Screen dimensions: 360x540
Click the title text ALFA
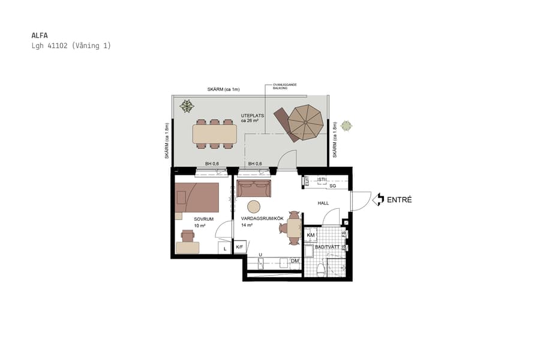pyautogui.click(x=39, y=35)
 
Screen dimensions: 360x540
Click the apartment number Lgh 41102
pyautogui.click(x=51, y=46)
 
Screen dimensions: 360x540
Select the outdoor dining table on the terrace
pyautogui.click(x=214, y=134)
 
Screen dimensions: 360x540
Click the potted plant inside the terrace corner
pyautogui.click(x=187, y=107)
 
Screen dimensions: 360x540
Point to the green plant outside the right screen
pyautogui.click(x=346, y=126)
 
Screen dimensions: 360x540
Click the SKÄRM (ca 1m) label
pyautogui.click(x=223, y=89)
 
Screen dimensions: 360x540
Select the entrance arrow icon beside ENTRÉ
pyautogui.click(x=378, y=200)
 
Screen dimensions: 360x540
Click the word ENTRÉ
pyautogui.click(x=399, y=200)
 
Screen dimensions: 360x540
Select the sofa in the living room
pyautogui.click(x=254, y=188)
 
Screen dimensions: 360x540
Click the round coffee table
pyautogui.click(x=254, y=206)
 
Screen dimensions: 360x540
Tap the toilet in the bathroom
pyautogui.click(x=321, y=268)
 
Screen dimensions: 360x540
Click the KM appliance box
pyautogui.click(x=310, y=235)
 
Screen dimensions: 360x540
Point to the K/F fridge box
pyautogui.click(x=239, y=247)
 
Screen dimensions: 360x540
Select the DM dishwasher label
pyautogui.click(x=295, y=261)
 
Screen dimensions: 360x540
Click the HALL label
pyautogui.click(x=323, y=203)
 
